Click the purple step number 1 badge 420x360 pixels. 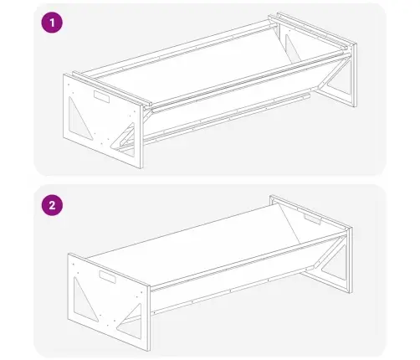pyautogui.click(x=52, y=23)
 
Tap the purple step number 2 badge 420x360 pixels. pyautogui.click(x=52, y=205)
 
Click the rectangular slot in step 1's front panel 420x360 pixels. pyautogui.click(x=102, y=96)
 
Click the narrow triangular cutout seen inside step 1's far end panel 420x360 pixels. pyautogui.click(x=292, y=48)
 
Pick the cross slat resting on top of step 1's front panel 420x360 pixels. pyautogui.click(x=111, y=88)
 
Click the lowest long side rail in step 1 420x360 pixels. pyautogui.click(x=226, y=118)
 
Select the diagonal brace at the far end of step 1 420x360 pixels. pyautogui.click(x=333, y=72)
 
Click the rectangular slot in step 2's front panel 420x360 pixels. pyautogui.click(x=107, y=276)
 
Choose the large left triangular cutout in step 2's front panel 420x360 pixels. pyautogui.click(x=85, y=300)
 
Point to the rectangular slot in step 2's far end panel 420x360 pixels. pyautogui.click(x=313, y=219)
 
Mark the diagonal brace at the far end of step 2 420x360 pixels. pyautogui.click(x=329, y=253)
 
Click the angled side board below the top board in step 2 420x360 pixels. pyautogui.click(x=232, y=276)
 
